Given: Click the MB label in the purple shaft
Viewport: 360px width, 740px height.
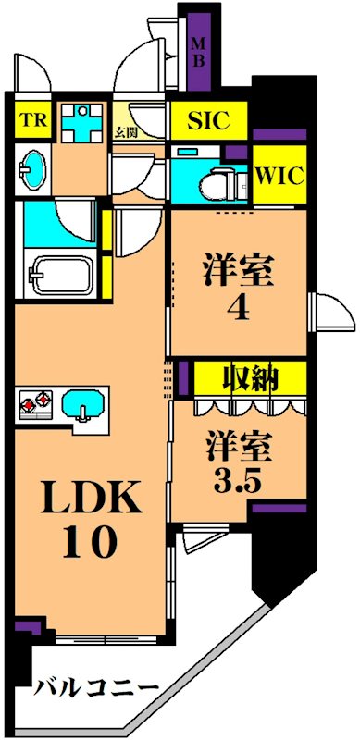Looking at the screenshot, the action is (x=198, y=53).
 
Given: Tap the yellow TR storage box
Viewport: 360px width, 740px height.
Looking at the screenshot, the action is (x=32, y=120).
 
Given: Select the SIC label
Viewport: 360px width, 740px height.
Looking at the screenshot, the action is (x=209, y=121).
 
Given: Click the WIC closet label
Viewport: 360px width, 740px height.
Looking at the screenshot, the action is (x=279, y=176).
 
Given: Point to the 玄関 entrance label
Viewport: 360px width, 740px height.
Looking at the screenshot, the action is (x=125, y=131).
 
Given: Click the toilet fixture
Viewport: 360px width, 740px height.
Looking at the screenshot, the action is (x=223, y=184).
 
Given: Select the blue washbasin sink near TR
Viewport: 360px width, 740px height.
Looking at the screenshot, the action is (x=33, y=167).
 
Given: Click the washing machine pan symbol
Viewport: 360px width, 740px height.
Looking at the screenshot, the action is (x=82, y=122).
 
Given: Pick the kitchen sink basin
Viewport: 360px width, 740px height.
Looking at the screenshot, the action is (x=83, y=403).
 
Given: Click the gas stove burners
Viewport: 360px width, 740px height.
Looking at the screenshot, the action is (x=36, y=402).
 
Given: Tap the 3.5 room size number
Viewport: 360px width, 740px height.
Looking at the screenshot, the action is (x=239, y=479).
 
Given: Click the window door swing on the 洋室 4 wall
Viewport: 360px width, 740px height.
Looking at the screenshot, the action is (x=330, y=312).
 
